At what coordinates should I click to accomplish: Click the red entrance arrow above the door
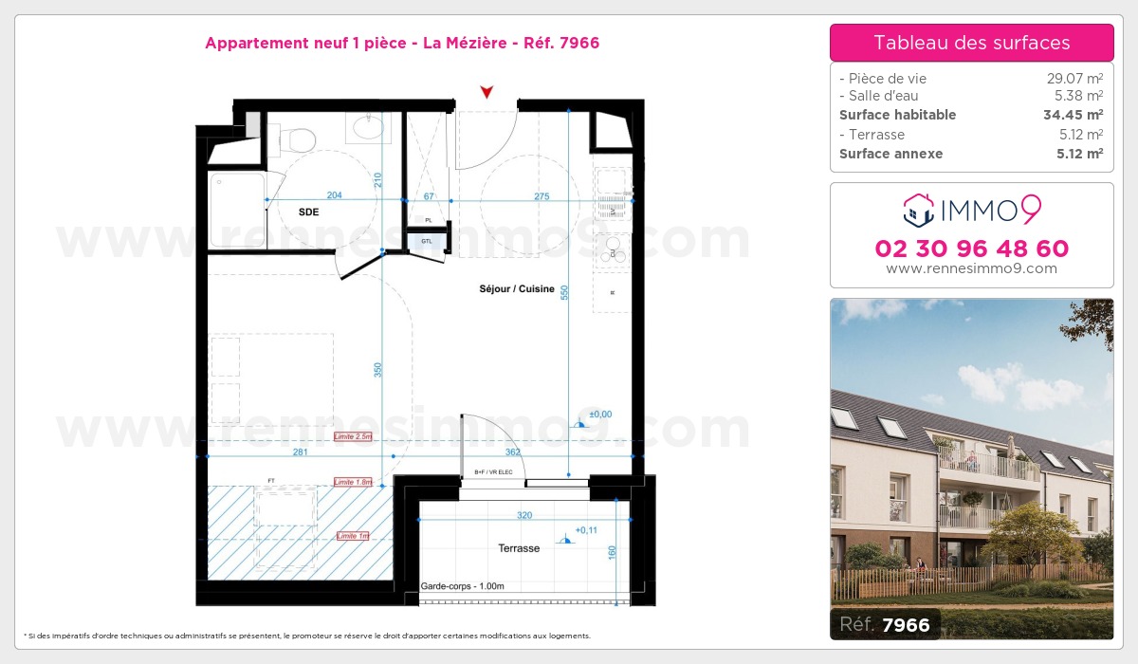[x=486, y=92]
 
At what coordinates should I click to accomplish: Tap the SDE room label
[x=309, y=212]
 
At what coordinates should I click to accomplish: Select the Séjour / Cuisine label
[x=517, y=289]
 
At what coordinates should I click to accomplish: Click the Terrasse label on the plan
[x=519, y=548]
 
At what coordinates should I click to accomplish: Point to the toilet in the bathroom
[x=302, y=139]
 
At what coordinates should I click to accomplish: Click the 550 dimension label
[x=564, y=293]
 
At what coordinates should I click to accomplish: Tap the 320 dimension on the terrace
[x=524, y=516]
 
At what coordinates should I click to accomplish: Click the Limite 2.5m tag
[x=354, y=436]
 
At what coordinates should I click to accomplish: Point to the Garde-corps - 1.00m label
[x=463, y=587]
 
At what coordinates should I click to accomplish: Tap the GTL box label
[x=427, y=241]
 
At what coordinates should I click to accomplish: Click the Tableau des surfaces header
[x=971, y=43]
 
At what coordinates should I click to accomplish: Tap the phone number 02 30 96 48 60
[x=971, y=249]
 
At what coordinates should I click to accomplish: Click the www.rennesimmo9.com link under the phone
[x=971, y=268]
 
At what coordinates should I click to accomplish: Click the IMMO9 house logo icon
[x=918, y=210]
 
